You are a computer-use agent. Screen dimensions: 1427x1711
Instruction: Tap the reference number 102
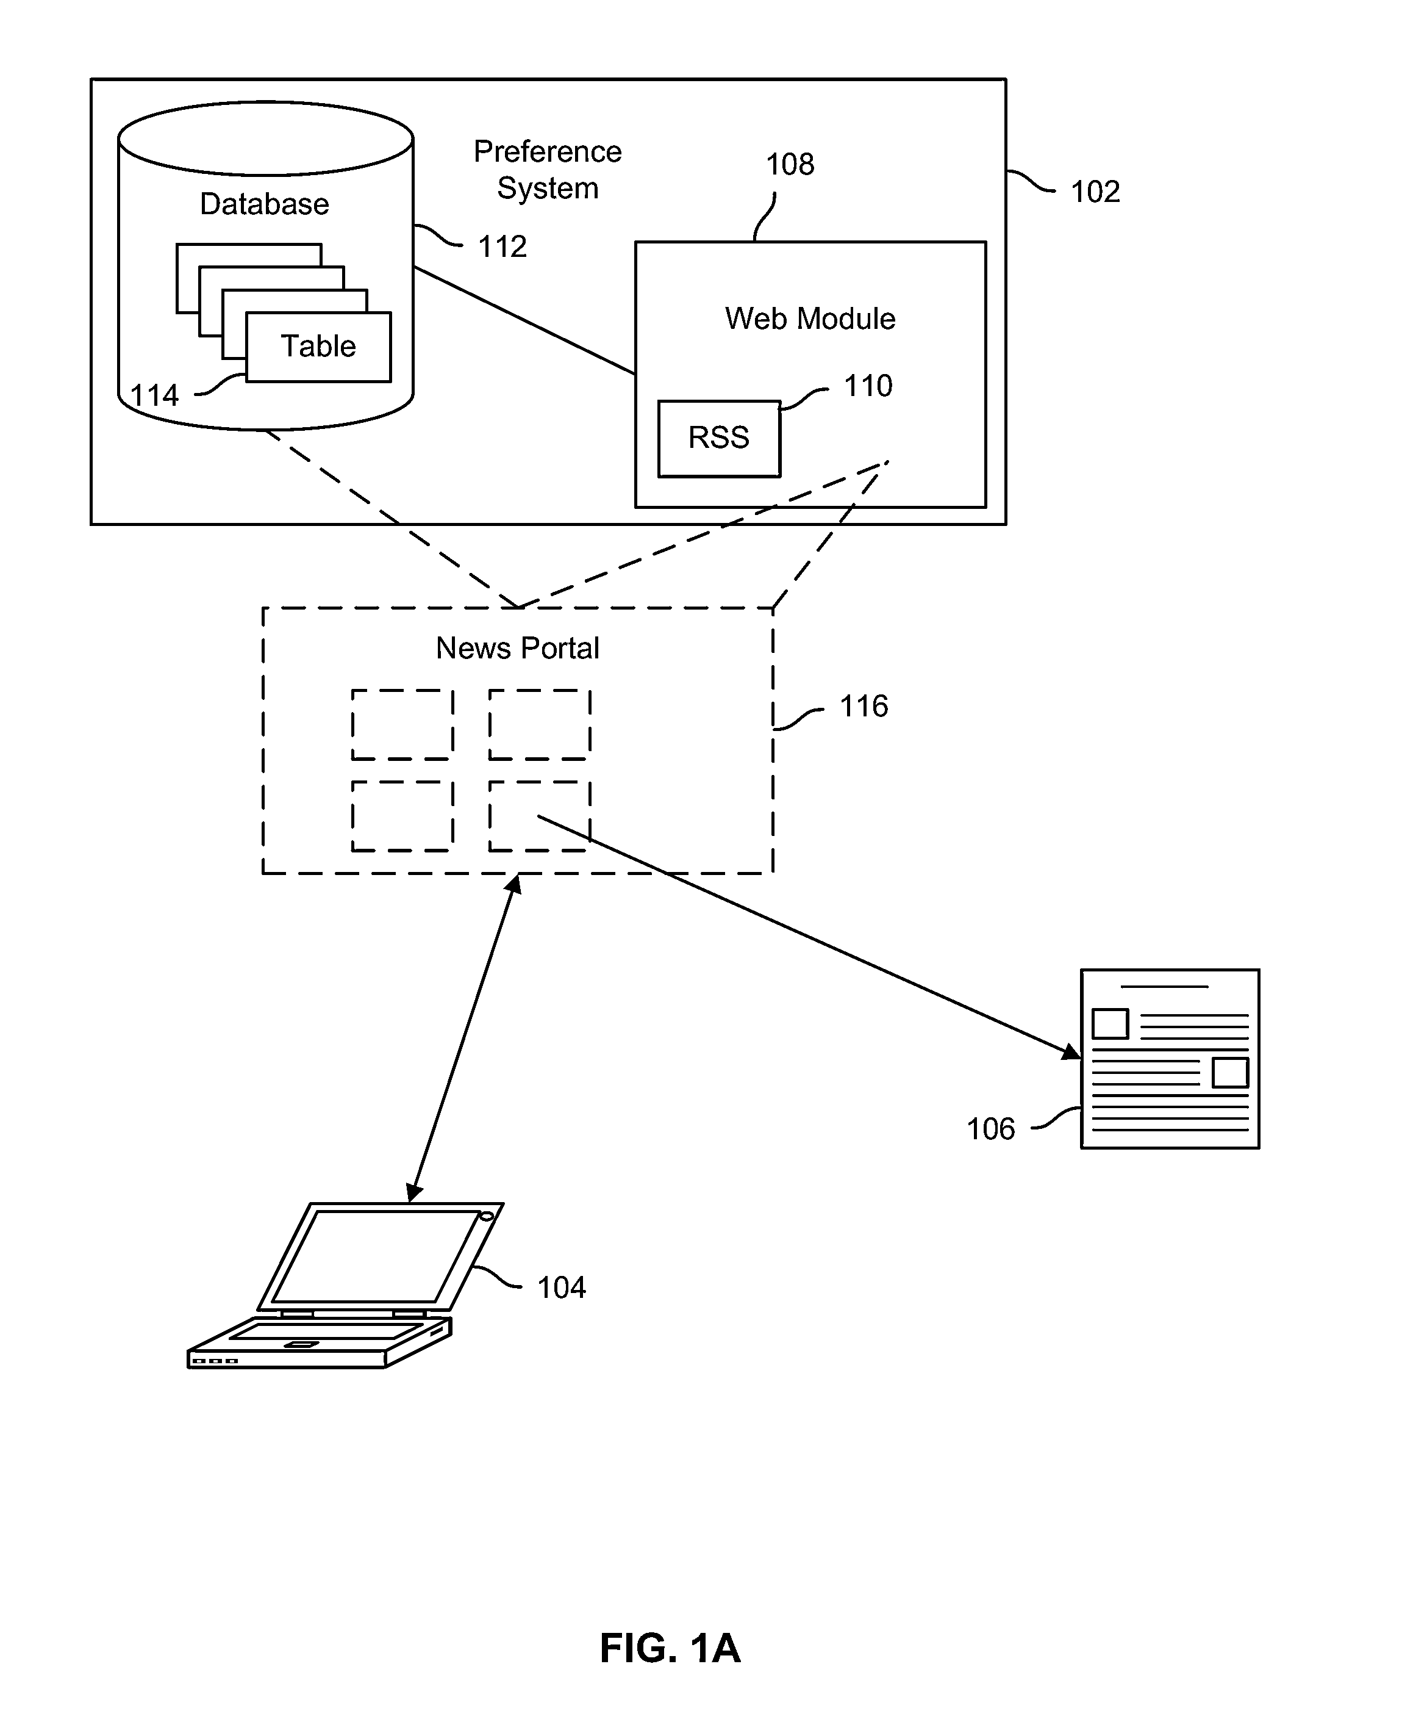pos(1095,192)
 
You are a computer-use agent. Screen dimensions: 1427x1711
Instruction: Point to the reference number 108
pos(790,165)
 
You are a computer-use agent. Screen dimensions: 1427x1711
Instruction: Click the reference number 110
pos(868,386)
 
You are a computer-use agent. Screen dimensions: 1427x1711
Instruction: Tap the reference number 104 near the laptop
pos(561,1288)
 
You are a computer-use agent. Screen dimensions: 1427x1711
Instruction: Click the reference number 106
pos(990,1129)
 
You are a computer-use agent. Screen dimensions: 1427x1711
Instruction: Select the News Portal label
pos(517,649)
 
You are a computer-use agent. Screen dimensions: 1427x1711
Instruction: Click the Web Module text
pos(810,319)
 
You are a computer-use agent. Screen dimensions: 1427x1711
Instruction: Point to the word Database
pos(265,204)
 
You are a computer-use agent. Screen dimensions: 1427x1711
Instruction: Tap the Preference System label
pos(548,170)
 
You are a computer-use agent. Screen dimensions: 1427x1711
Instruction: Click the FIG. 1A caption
pos(670,1648)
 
